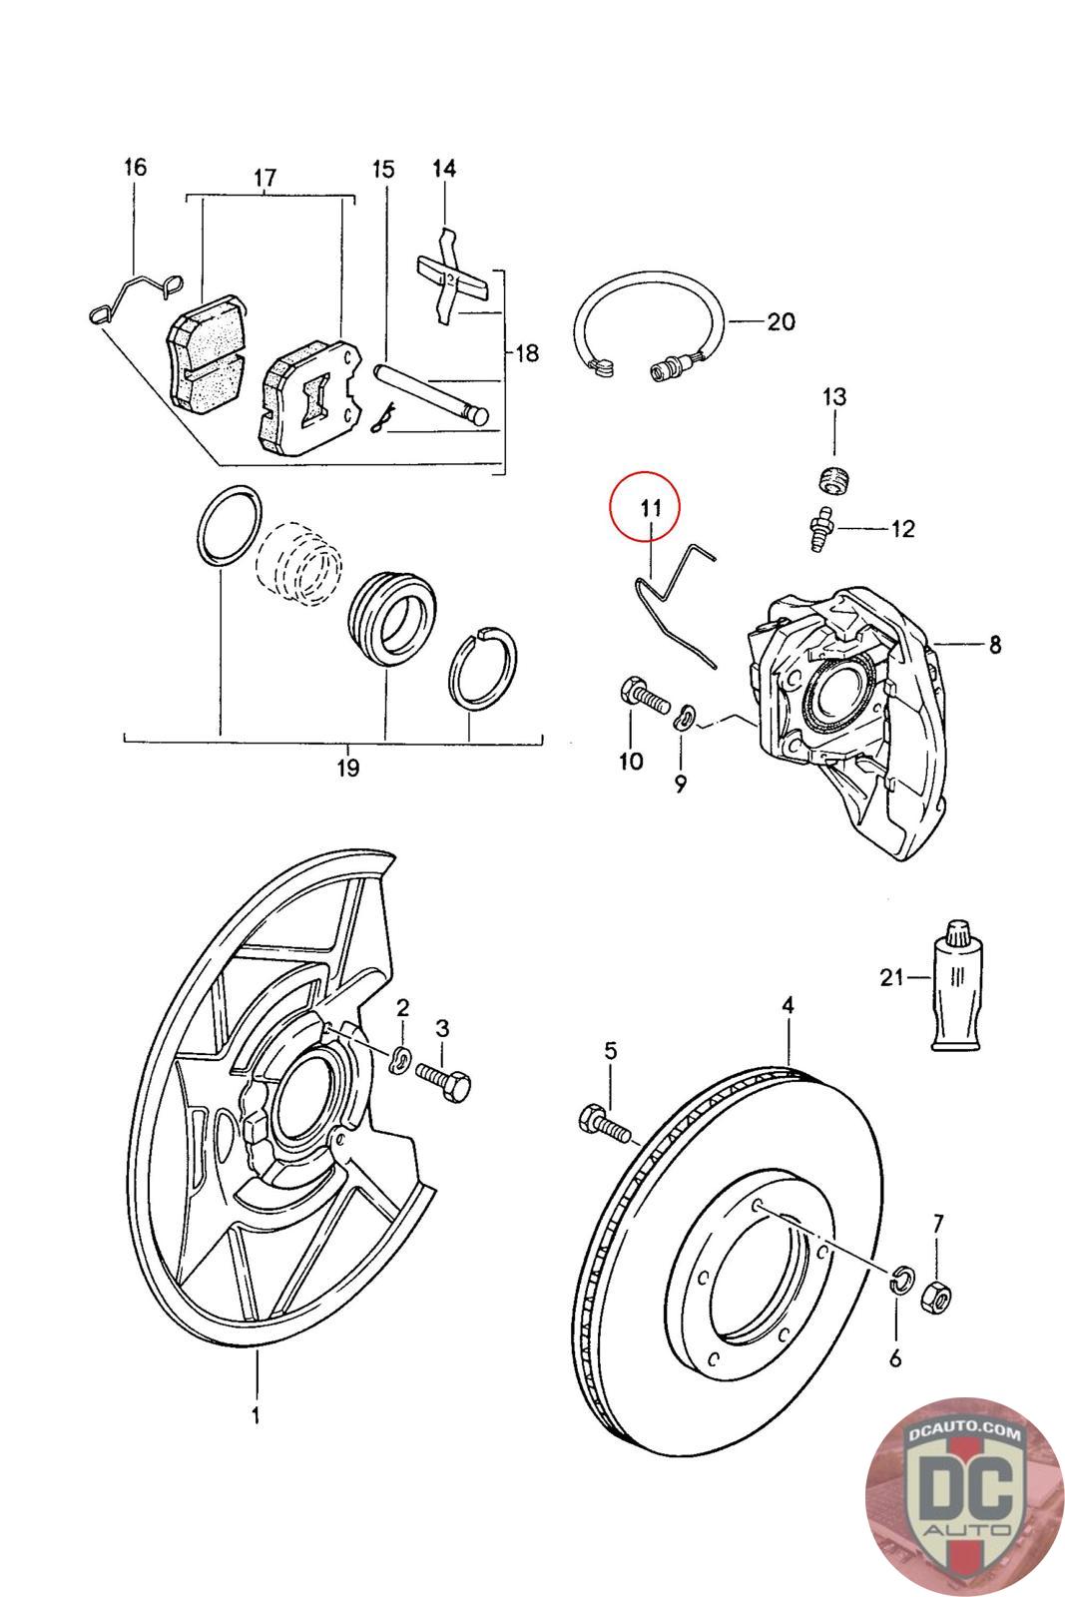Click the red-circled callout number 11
coord(651,508)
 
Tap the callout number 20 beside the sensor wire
coord(781,321)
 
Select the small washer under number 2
coord(400,1059)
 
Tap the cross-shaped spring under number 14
coord(452,277)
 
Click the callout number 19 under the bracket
coord(348,769)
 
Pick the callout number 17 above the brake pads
coord(265,178)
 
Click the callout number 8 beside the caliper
coord(994,645)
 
